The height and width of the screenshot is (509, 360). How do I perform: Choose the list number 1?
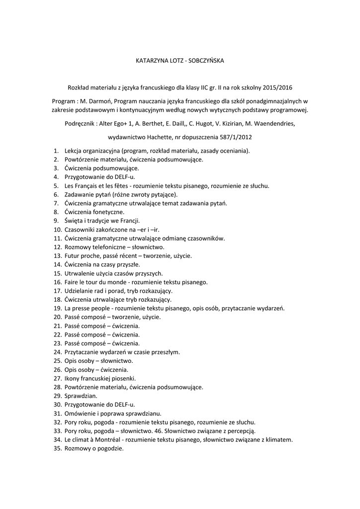[56, 151]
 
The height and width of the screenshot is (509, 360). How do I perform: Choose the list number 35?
[57, 448]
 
